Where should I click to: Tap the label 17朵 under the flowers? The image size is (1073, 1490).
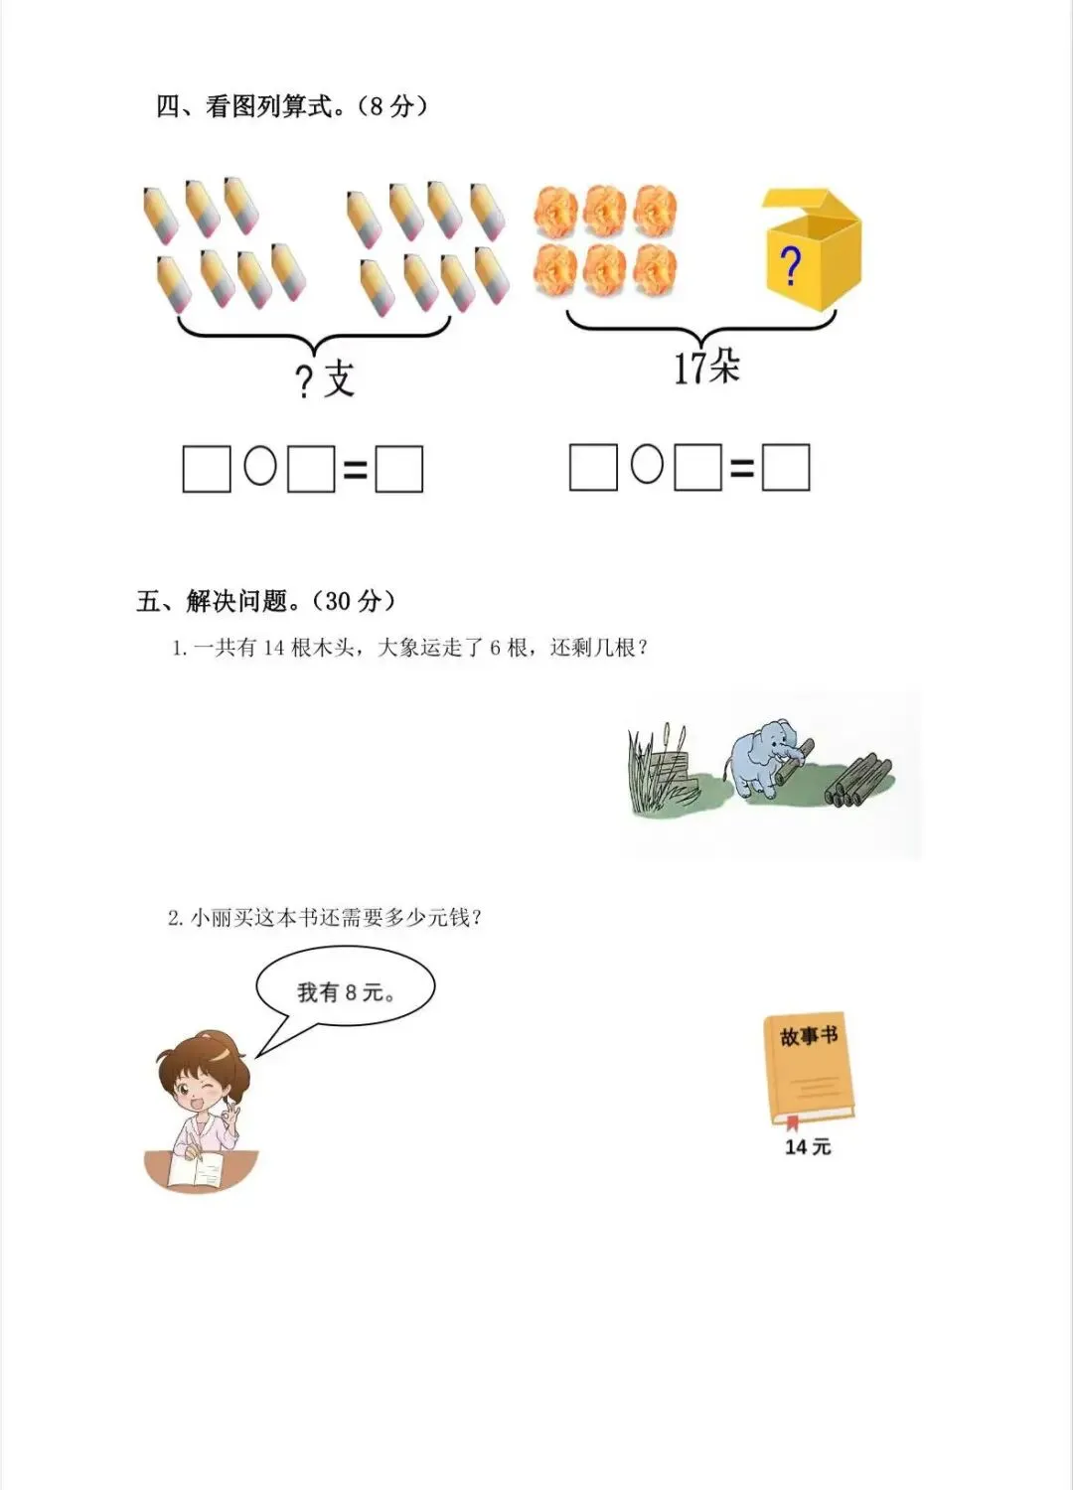(x=706, y=368)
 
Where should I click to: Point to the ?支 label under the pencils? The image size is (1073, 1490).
(x=325, y=379)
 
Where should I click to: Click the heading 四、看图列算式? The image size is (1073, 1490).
(x=291, y=106)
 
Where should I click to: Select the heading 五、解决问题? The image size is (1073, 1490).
(x=266, y=601)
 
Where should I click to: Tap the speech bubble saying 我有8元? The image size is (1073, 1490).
(x=345, y=991)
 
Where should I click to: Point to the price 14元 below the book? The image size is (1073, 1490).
(x=808, y=1147)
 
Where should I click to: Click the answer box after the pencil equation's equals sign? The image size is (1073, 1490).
(x=398, y=469)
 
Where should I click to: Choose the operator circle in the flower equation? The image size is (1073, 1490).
(x=647, y=464)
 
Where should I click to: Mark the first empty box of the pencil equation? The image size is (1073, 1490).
(x=207, y=469)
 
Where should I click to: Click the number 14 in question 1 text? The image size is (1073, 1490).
(x=273, y=649)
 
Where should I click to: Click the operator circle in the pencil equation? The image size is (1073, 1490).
(x=260, y=465)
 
